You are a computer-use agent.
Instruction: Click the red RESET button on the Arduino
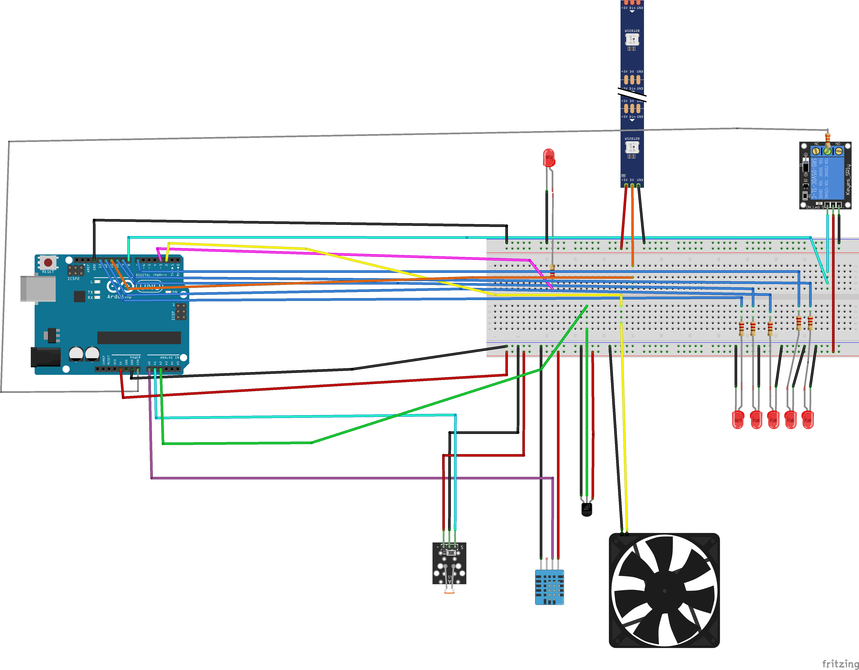[48, 262]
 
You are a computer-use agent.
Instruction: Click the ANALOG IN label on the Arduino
[169, 357]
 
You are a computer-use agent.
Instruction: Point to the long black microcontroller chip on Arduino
[139, 337]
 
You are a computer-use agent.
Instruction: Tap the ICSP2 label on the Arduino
[74, 279]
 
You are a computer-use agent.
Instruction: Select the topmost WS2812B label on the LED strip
[632, 31]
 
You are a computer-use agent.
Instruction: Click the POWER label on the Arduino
[135, 357]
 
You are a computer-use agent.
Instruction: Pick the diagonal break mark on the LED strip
[632, 95]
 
